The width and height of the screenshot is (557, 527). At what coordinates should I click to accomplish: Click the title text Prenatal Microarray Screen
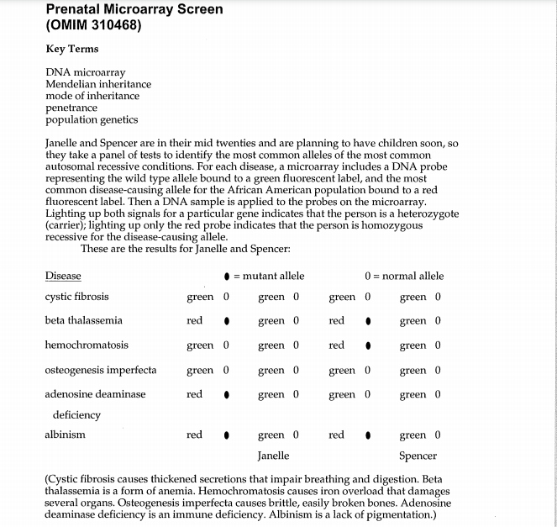(134, 9)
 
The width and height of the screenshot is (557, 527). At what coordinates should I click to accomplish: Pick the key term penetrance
(71, 108)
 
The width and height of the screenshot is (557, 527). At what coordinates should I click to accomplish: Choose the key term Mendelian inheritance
(98, 84)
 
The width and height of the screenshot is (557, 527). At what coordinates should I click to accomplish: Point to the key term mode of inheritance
(92, 96)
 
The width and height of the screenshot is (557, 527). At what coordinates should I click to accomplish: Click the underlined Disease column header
(63, 276)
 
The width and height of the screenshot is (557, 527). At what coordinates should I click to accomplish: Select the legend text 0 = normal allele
(404, 276)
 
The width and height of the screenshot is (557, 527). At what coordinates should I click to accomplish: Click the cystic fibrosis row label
(76, 297)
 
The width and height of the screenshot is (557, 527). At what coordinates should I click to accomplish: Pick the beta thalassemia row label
(83, 320)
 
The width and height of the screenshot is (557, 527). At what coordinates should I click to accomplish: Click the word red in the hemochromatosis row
(337, 345)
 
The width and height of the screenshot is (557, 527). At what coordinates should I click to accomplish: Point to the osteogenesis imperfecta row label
(100, 370)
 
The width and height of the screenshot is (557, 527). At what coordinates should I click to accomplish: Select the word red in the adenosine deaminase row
(194, 393)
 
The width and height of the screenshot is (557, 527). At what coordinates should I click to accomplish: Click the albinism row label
(65, 435)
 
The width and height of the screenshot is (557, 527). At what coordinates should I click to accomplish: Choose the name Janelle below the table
(273, 456)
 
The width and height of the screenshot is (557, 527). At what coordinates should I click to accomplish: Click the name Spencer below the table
(418, 456)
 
